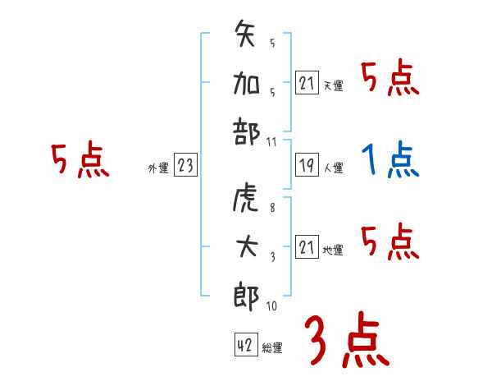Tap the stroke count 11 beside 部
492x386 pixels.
[272, 143]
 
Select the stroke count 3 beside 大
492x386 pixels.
[272, 256]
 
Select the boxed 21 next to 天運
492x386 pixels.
[306, 82]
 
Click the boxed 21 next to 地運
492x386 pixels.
[306, 247]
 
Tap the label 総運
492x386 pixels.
[272, 347]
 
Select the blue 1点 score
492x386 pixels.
[390, 160]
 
